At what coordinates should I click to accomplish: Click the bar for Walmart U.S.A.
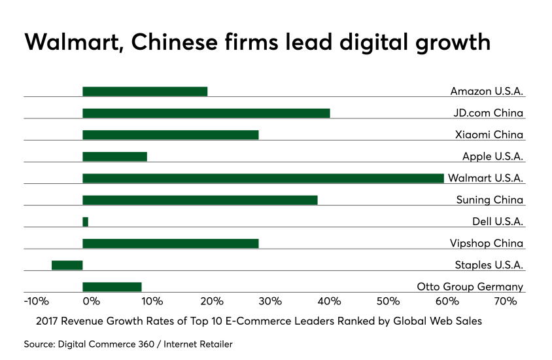tap(263, 178)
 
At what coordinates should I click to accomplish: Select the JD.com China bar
tap(206, 113)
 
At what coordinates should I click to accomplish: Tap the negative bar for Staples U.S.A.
tap(67, 265)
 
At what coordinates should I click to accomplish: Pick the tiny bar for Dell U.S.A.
tap(86, 222)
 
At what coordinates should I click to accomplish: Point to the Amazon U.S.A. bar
tap(145, 91)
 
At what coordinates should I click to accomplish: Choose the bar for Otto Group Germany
tap(112, 287)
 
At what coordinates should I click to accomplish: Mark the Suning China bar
tap(200, 200)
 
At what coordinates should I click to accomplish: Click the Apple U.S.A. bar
tap(114, 156)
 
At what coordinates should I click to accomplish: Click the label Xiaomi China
tap(489, 135)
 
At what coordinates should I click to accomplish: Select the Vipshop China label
tap(487, 243)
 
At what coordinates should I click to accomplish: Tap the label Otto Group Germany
tap(470, 287)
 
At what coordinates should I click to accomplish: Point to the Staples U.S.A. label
tap(489, 265)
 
